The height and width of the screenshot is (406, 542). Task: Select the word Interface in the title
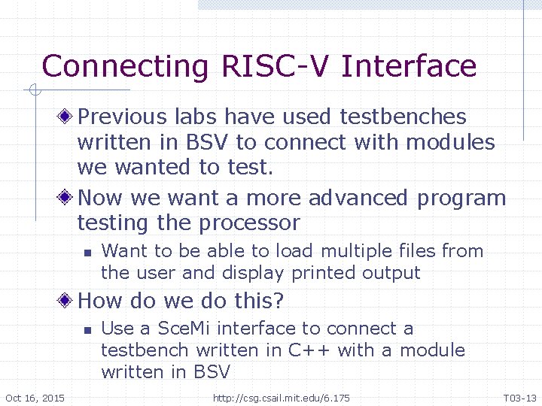[x=409, y=66]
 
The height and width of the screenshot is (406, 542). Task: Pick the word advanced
[x=358, y=198]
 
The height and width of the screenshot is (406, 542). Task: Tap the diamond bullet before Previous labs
[x=67, y=117]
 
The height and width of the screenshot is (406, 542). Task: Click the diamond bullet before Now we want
[x=67, y=198]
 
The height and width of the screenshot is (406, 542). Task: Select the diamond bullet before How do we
[x=67, y=301]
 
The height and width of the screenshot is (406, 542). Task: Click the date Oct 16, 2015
[x=35, y=398]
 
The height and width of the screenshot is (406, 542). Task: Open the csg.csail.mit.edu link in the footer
[x=282, y=398]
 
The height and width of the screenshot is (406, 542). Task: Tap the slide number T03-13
[x=519, y=398]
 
